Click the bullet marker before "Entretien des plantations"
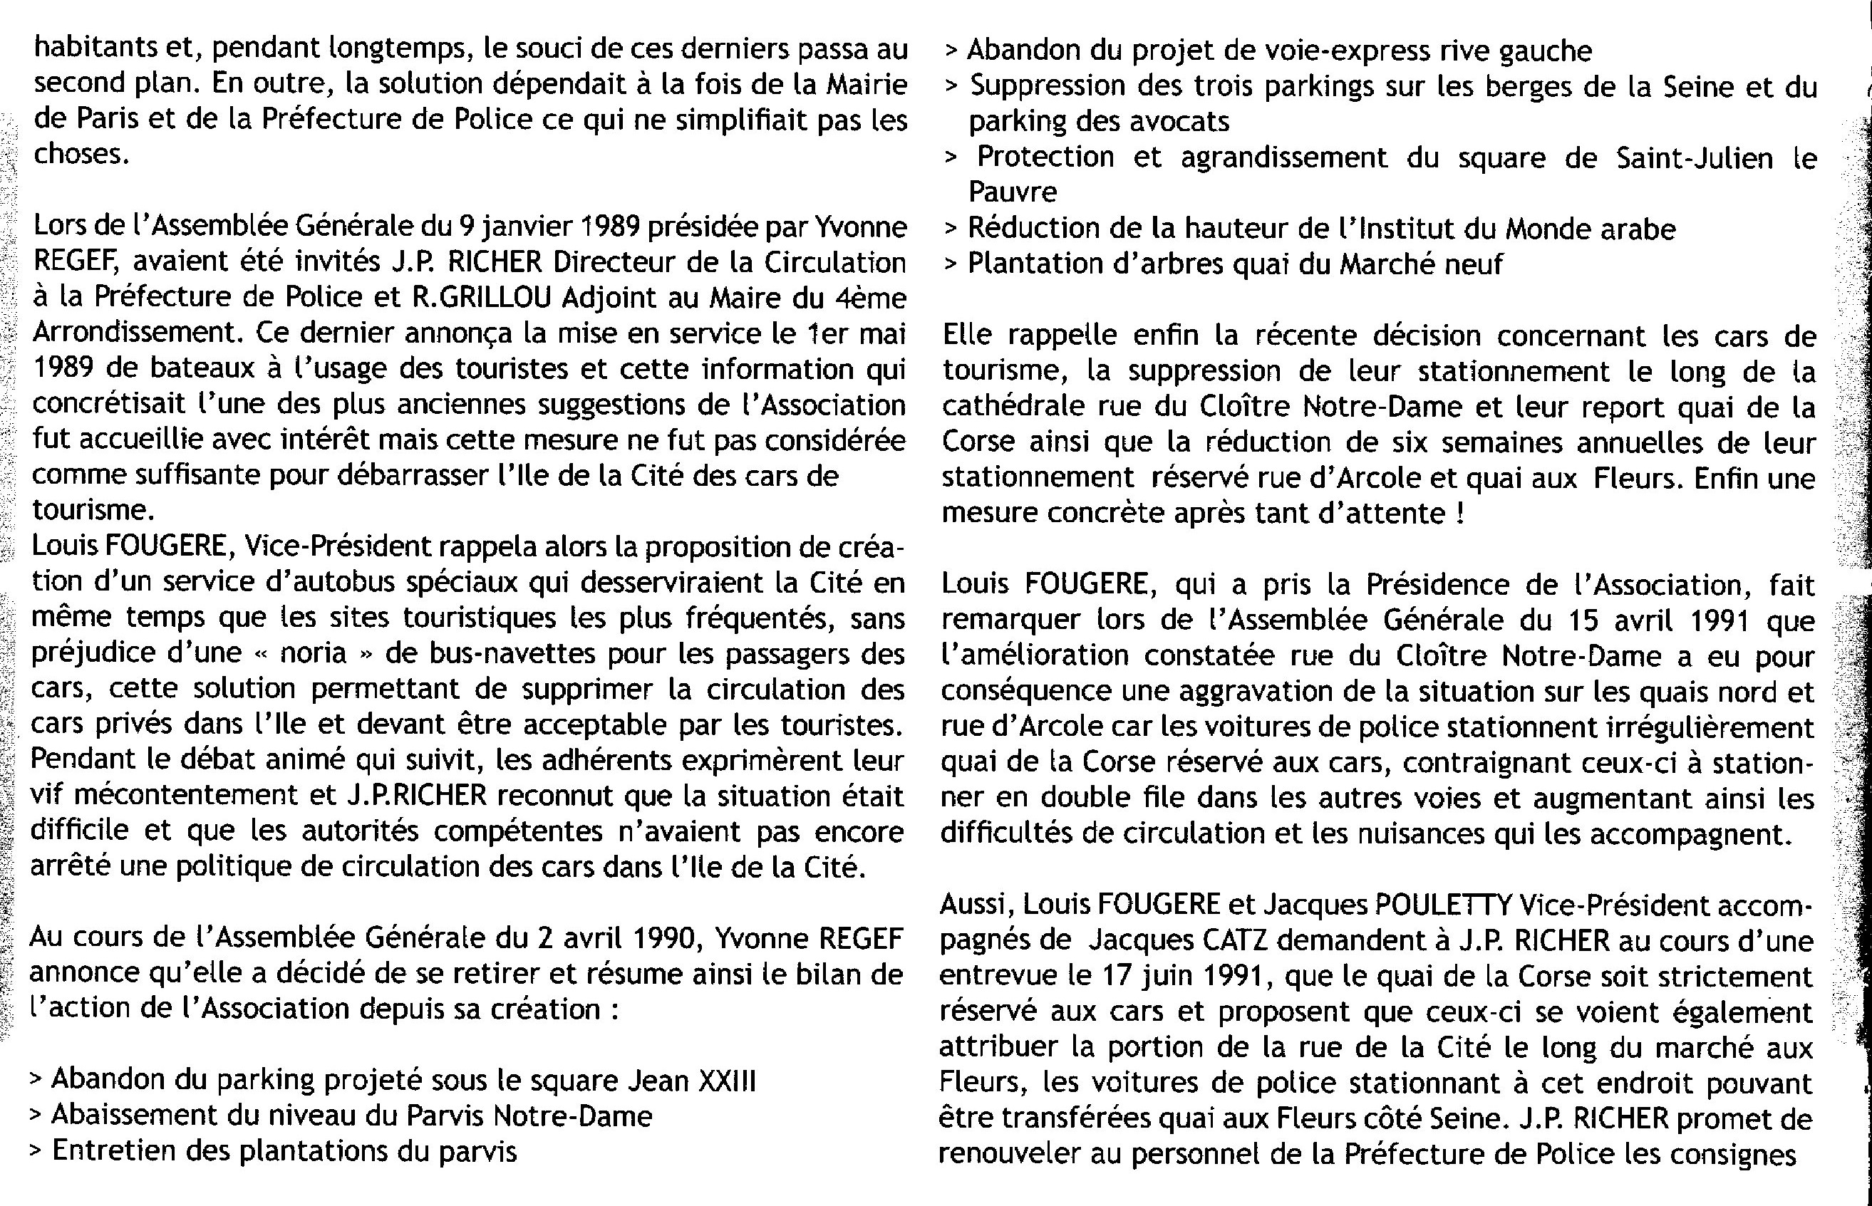[x=35, y=1152]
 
